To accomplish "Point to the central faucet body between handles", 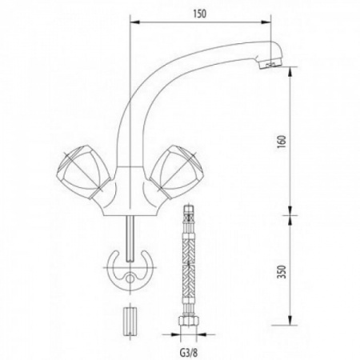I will coord(128,188).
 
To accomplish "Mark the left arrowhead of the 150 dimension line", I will coord(131,24).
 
